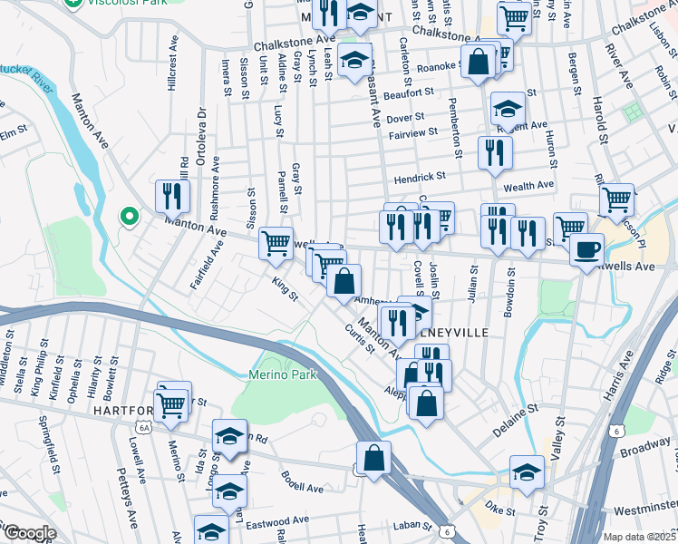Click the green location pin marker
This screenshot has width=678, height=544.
(129, 217)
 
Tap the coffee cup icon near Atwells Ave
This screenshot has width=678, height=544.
(587, 248)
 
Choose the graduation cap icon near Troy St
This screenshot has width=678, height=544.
(527, 472)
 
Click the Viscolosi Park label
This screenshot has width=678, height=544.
(119, 4)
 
